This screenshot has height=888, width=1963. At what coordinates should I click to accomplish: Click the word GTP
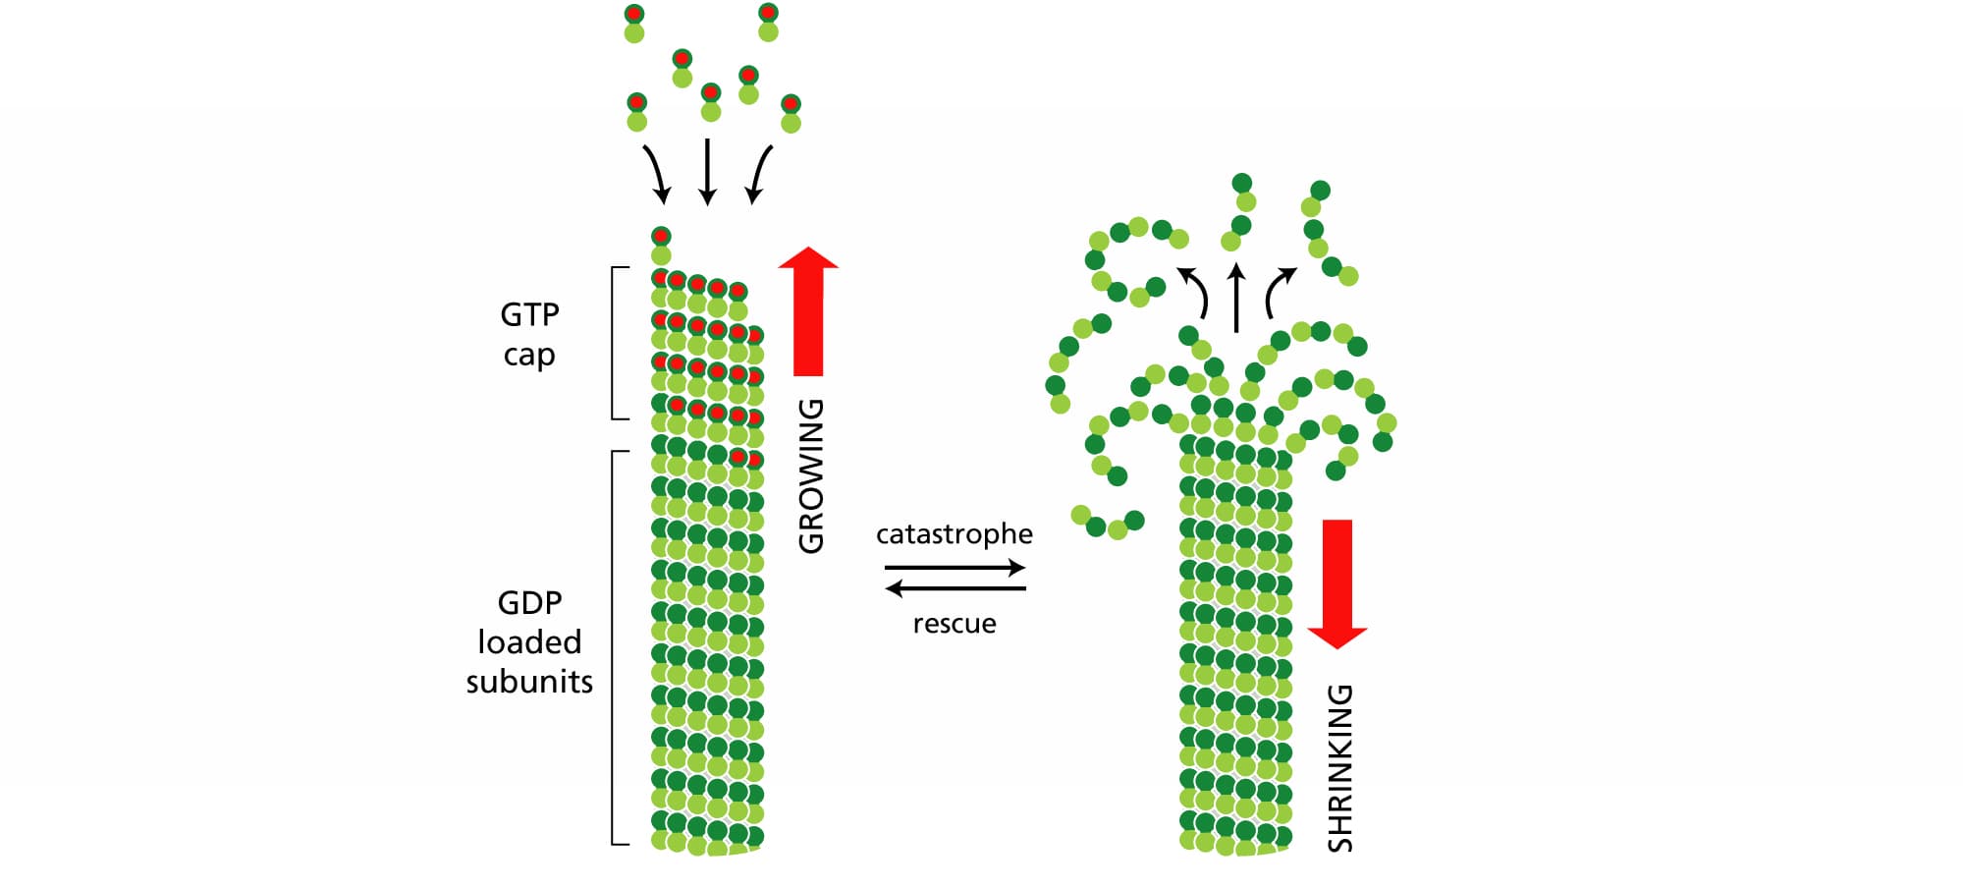529,314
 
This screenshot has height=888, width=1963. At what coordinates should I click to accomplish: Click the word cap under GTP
529,355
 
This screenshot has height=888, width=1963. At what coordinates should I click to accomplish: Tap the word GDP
529,602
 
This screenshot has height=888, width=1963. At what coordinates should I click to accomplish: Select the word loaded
529,641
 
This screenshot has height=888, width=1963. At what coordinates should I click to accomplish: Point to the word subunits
529,681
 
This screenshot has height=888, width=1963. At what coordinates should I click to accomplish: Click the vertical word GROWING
811,476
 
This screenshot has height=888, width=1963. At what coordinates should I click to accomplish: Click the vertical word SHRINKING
1339,768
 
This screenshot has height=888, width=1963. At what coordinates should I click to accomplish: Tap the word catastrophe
954,533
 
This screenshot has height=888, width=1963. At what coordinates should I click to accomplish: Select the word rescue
954,624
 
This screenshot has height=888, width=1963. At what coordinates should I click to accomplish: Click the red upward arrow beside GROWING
808,311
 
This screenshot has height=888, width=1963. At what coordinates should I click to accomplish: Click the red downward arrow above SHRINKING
1337,584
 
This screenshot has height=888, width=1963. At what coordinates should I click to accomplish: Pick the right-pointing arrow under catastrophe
954,568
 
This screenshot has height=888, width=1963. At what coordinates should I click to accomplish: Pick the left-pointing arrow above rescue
954,588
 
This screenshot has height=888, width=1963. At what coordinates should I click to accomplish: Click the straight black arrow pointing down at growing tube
707,172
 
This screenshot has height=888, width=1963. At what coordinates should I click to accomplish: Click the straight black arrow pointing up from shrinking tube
1236,297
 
